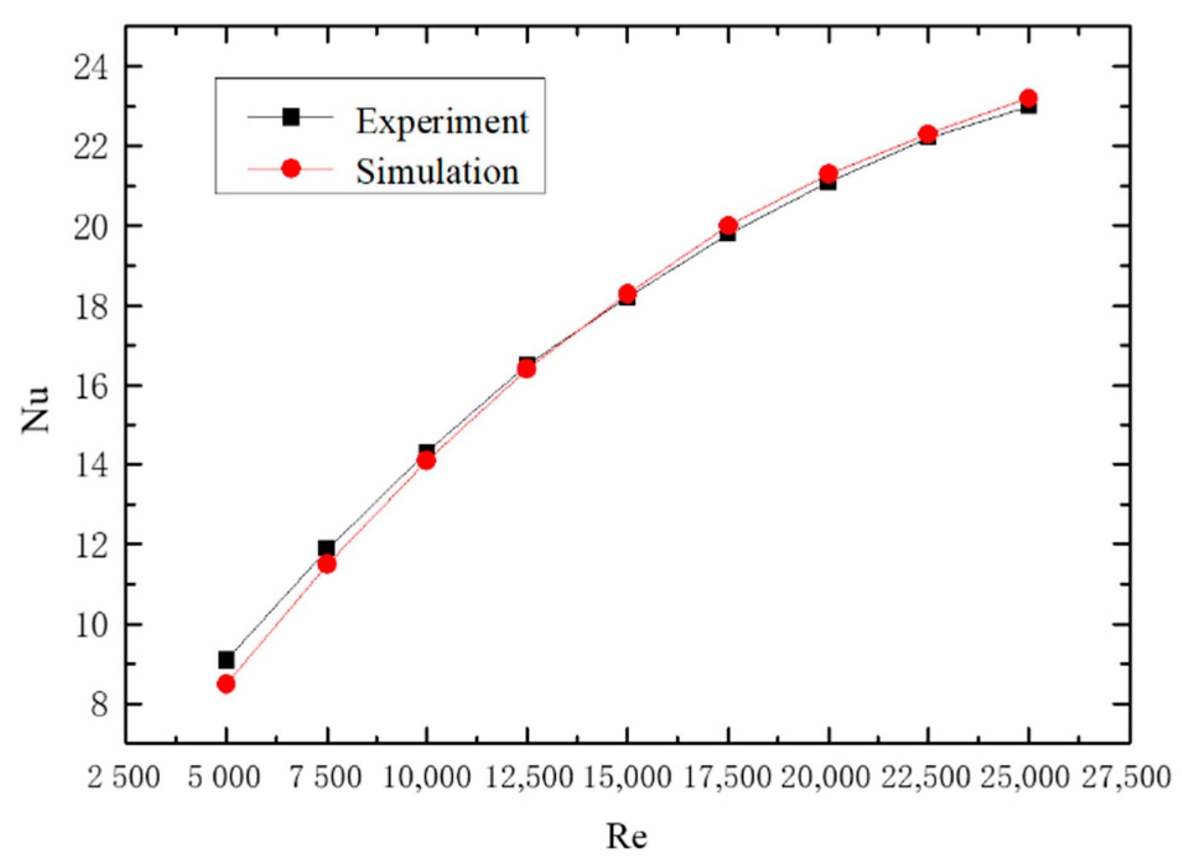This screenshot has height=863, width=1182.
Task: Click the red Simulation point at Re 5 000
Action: pos(226,683)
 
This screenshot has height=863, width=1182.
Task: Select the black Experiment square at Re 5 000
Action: pos(226,660)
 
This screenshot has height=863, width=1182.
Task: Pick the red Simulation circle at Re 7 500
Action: pos(326,564)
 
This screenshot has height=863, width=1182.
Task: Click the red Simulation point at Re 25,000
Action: pos(1028,98)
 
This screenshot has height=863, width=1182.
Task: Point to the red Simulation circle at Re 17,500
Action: pos(728,225)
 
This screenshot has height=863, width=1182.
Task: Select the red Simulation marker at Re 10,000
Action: pos(426,460)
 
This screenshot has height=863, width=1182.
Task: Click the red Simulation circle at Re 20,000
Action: pos(828,173)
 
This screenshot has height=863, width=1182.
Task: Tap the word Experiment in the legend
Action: pos(441,121)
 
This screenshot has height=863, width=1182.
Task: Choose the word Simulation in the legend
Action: pos(437,171)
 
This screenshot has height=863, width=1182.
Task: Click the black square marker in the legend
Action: pos(290,116)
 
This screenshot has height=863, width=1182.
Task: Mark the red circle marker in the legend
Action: pos(290,168)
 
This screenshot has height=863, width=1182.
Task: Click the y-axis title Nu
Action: pos(35,409)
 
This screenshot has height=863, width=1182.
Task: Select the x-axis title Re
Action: pos(627,836)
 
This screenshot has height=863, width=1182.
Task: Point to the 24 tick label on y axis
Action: pos(90,67)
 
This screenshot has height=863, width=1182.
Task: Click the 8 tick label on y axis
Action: pos(99,705)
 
